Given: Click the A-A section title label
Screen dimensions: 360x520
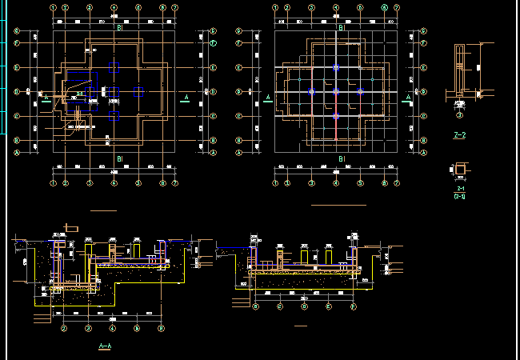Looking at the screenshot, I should pyautogui.click(x=104, y=346).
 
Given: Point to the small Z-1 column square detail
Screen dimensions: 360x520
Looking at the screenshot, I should pyautogui.click(x=461, y=168).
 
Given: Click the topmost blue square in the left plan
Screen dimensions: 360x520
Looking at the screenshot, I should pyautogui.click(x=114, y=66).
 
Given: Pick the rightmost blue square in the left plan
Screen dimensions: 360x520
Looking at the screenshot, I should pyautogui.click(x=139, y=91).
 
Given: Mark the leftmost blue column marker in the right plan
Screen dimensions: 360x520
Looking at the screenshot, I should pyautogui.click(x=311, y=92).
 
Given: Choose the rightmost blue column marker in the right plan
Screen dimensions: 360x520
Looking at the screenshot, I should pyautogui.click(x=360, y=92).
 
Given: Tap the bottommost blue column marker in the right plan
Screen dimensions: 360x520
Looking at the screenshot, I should pyautogui.click(x=336, y=117).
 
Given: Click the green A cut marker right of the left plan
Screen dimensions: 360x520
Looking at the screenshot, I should pyautogui.click(x=186, y=98).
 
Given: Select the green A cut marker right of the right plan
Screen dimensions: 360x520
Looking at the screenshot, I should pyautogui.click(x=408, y=98).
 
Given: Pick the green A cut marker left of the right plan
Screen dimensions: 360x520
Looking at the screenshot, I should pyautogui.click(x=268, y=98).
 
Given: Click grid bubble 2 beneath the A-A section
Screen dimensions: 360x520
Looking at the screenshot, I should pyautogui.click(x=63, y=328).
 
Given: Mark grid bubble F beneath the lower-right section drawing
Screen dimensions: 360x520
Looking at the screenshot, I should pyautogui.click(x=353, y=306).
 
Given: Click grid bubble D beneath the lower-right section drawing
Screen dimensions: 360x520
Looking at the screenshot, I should pyautogui.click(x=305, y=306).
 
